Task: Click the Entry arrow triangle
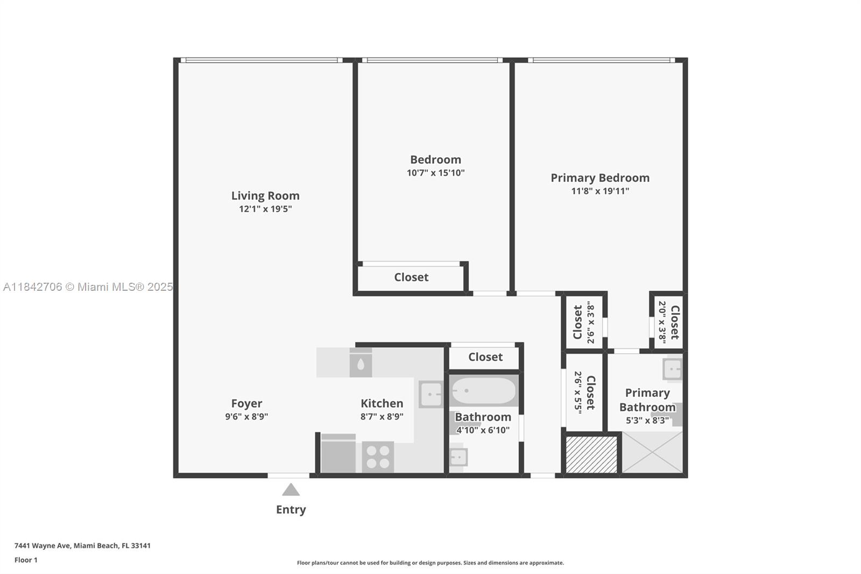(x=291, y=489)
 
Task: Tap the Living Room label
(x=265, y=196)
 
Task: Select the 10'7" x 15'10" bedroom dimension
(x=435, y=173)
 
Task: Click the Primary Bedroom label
(x=599, y=178)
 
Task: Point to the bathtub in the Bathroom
(x=483, y=391)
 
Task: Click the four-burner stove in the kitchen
(x=378, y=457)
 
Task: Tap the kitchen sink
(x=431, y=394)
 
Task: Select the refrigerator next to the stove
(x=338, y=454)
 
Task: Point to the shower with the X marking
(x=652, y=453)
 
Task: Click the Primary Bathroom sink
(x=673, y=369)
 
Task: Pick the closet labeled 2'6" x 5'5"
(x=584, y=391)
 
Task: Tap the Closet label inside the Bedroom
(x=411, y=277)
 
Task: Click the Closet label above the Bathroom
(x=485, y=357)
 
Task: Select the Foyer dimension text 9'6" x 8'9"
(x=246, y=416)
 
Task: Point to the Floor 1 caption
(x=26, y=560)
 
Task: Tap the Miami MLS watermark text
(x=88, y=287)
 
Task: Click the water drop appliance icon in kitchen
(x=361, y=365)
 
